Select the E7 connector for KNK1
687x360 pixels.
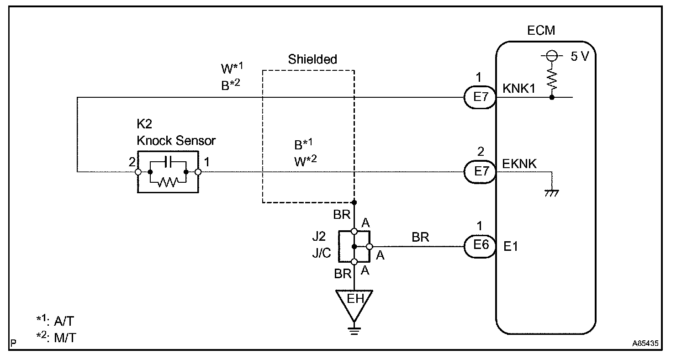(479, 97)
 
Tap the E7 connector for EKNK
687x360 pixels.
(479, 172)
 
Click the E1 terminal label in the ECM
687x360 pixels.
(511, 246)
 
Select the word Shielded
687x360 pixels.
(312, 59)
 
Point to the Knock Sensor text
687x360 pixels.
(176, 141)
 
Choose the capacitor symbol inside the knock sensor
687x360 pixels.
(168, 161)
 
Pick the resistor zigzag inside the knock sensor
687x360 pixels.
(168, 182)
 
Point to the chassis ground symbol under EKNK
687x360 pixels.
(553, 193)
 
